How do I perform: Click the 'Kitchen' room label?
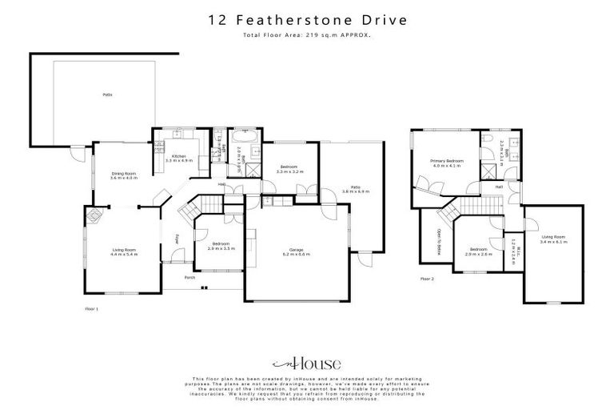coord(179,156)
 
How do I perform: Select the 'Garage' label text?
coord(296,251)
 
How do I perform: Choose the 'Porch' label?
coord(189,277)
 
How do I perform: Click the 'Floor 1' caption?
coord(91,307)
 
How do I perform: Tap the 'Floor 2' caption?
coord(427,279)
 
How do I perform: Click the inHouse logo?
coord(307,361)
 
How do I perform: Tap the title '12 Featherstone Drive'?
coord(306,20)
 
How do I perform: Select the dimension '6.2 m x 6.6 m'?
coord(296,255)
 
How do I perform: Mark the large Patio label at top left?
coord(106,94)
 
